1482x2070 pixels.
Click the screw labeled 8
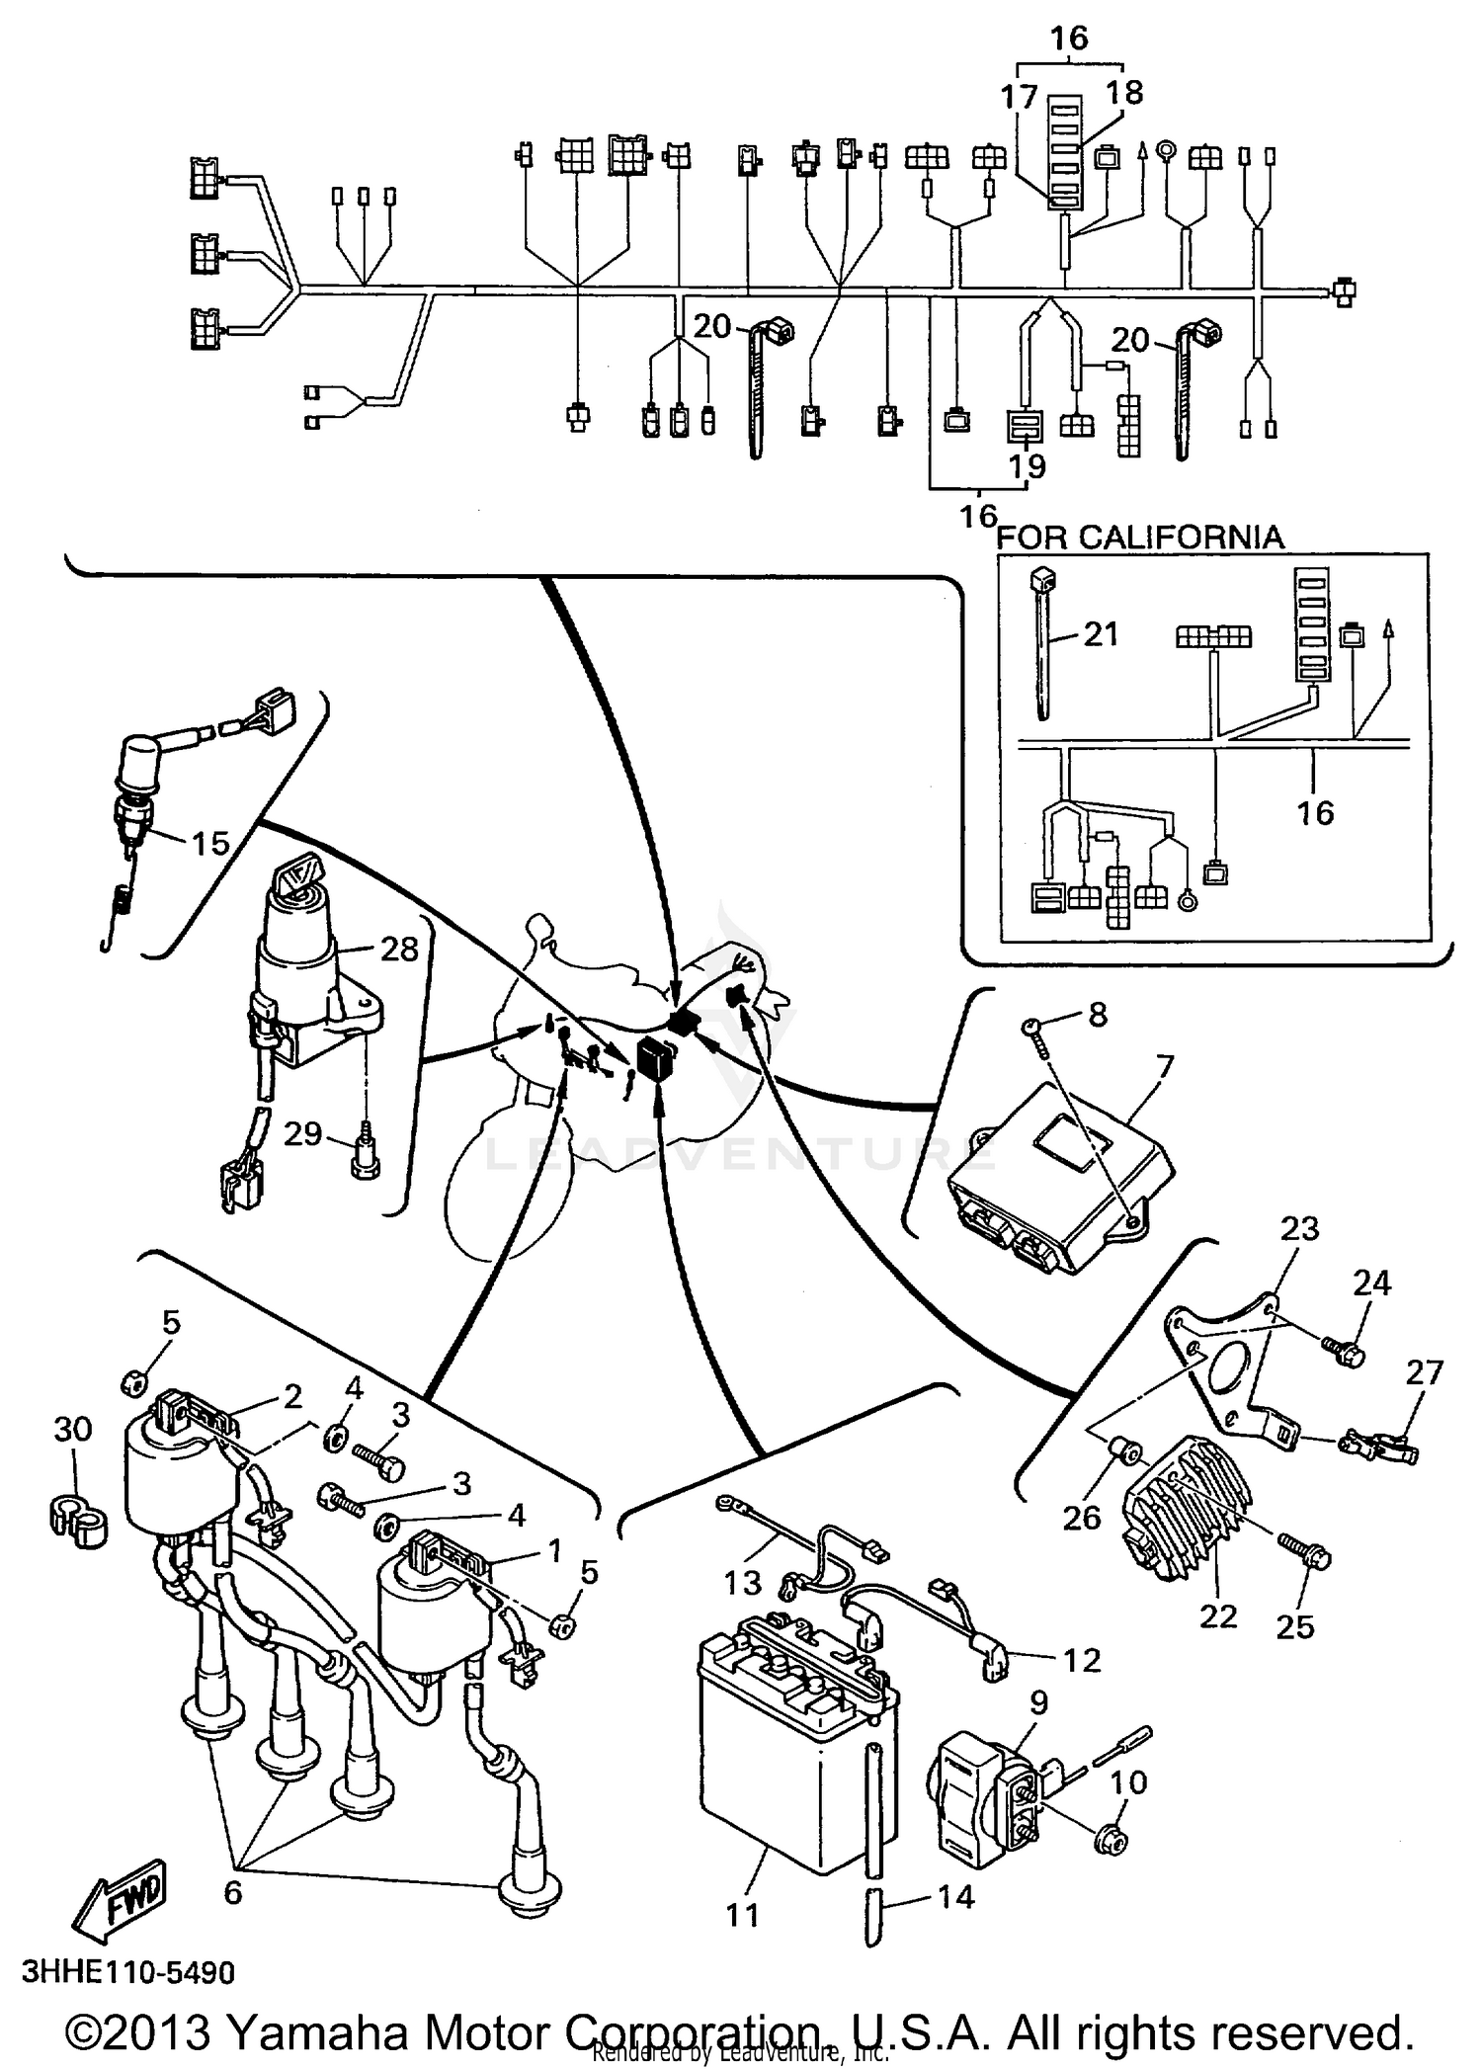click(x=1033, y=1029)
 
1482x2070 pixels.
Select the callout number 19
click(x=1027, y=465)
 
